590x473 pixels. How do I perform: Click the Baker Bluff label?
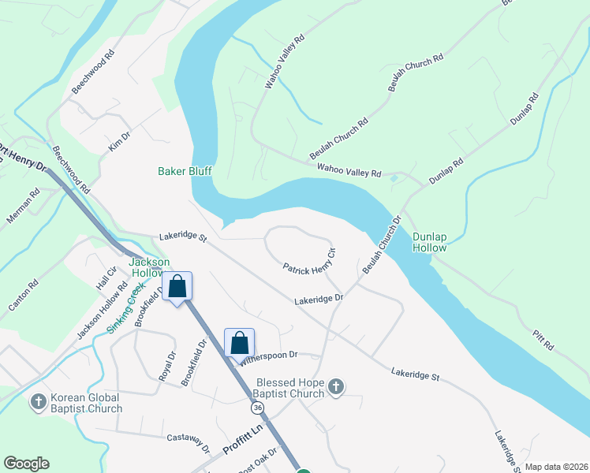click(x=185, y=170)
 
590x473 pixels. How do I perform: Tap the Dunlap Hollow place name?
click(x=429, y=241)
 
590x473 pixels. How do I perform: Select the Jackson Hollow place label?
click(x=149, y=267)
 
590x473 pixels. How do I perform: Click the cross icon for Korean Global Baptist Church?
click(x=38, y=403)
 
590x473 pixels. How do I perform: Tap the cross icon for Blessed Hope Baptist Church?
click(x=336, y=387)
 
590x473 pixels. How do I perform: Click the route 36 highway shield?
click(x=257, y=408)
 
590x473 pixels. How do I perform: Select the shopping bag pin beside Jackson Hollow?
click(x=177, y=285)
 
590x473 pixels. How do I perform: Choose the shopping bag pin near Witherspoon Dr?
click(x=240, y=343)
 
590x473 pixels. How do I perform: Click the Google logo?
click(x=27, y=464)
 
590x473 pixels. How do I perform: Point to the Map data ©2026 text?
click(x=555, y=467)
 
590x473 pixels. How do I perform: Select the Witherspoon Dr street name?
click(x=269, y=356)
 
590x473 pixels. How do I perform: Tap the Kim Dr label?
click(x=119, y=143)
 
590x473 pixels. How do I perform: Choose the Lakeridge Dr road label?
click(x=319, y=300)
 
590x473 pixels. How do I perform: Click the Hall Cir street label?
click(x=106, y=278)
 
